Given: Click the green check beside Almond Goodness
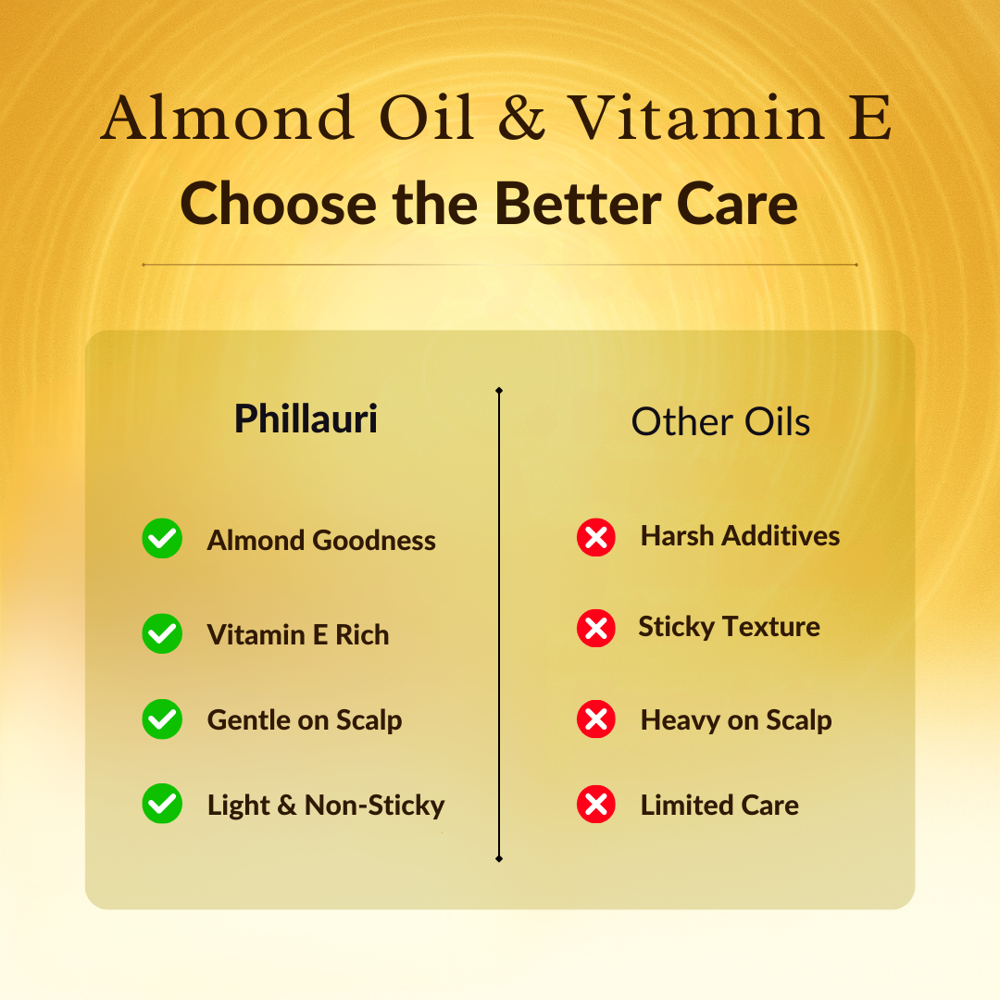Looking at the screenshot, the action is tap(162, 538).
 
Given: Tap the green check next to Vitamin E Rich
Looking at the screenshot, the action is tap(162, 633).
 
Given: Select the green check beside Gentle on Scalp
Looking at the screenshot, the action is tap(162, 719).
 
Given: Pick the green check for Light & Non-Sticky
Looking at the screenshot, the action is tap(162, 804).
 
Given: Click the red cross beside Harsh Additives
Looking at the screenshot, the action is tap(596, 537).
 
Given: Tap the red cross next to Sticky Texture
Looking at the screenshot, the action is tap(596, 628).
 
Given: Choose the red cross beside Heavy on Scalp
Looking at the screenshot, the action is tap(596, 719).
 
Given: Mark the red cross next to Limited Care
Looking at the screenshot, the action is tap(596, 804).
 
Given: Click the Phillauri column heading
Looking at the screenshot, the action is tap(306, 419).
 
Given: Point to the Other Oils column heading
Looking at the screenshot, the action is tap(720, 421).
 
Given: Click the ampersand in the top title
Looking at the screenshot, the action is tap(521, 118).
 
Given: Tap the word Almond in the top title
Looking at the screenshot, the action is tap(227, 118).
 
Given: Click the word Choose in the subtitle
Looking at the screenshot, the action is tap(278, 204).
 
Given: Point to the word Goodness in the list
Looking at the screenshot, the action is tap(374, 540).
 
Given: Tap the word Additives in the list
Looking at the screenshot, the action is tap(781, 536).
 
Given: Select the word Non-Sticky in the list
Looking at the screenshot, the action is tap(375, 805).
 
